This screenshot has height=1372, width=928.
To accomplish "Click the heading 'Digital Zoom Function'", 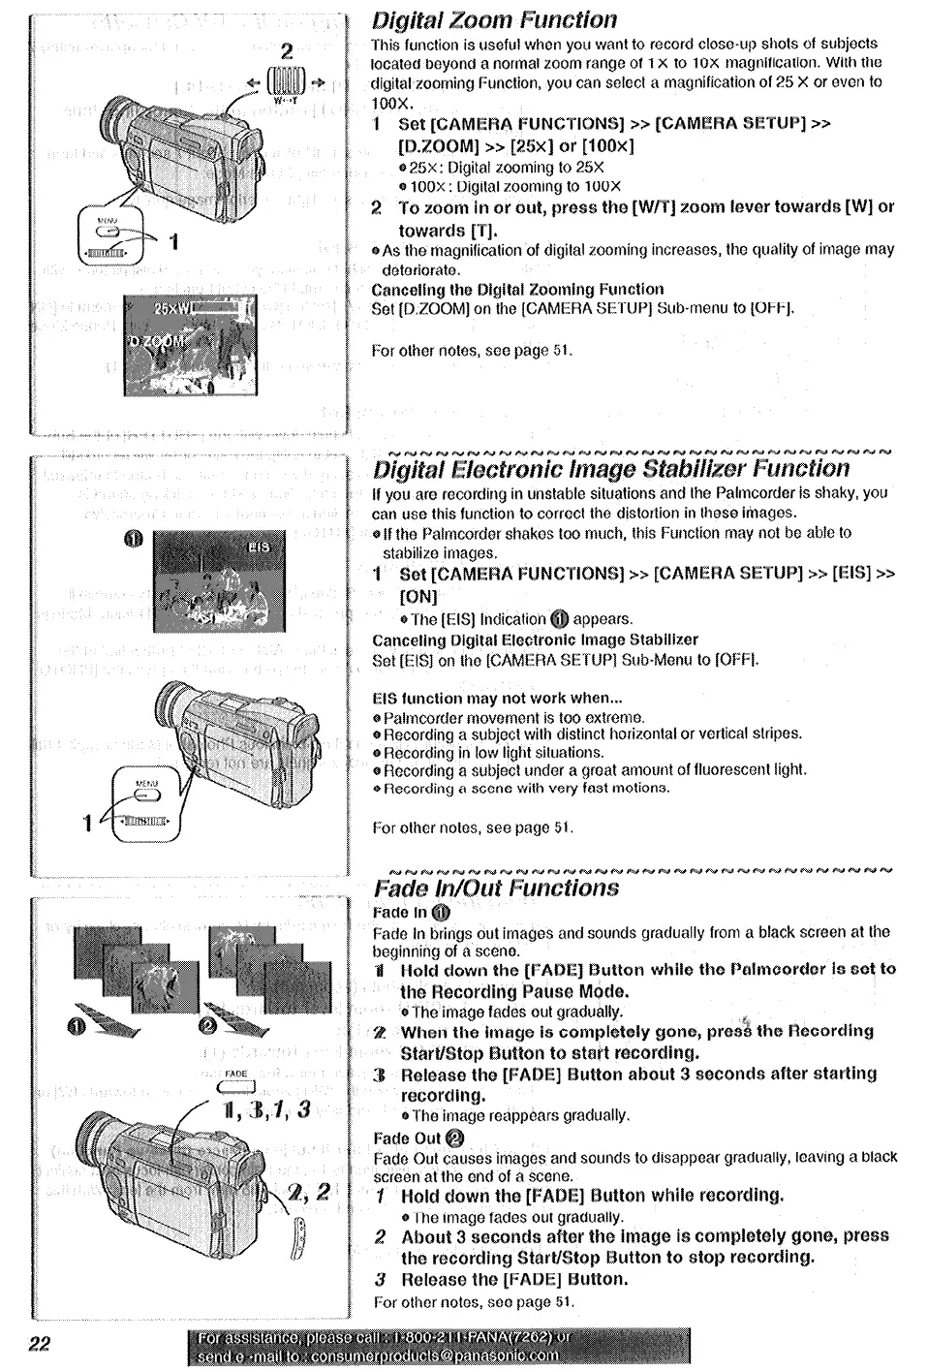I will tap(494, 20).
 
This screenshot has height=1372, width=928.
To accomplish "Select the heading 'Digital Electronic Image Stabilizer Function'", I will tap(611, 469).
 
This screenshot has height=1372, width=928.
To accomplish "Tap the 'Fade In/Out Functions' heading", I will tap(496, 888).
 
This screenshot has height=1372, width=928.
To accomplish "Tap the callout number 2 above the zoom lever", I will tap(286, 51).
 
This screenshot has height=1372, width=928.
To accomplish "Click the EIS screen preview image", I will tap(215, 579).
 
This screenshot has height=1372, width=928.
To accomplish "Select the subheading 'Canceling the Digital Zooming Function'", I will tap(517, 289).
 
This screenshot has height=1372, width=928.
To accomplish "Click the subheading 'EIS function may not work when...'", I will tap(497, 698).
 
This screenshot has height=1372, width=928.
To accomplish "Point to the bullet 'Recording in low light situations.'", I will tap(493, 752).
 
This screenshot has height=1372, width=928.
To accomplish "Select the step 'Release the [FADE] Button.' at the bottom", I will tap(513, 1279).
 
